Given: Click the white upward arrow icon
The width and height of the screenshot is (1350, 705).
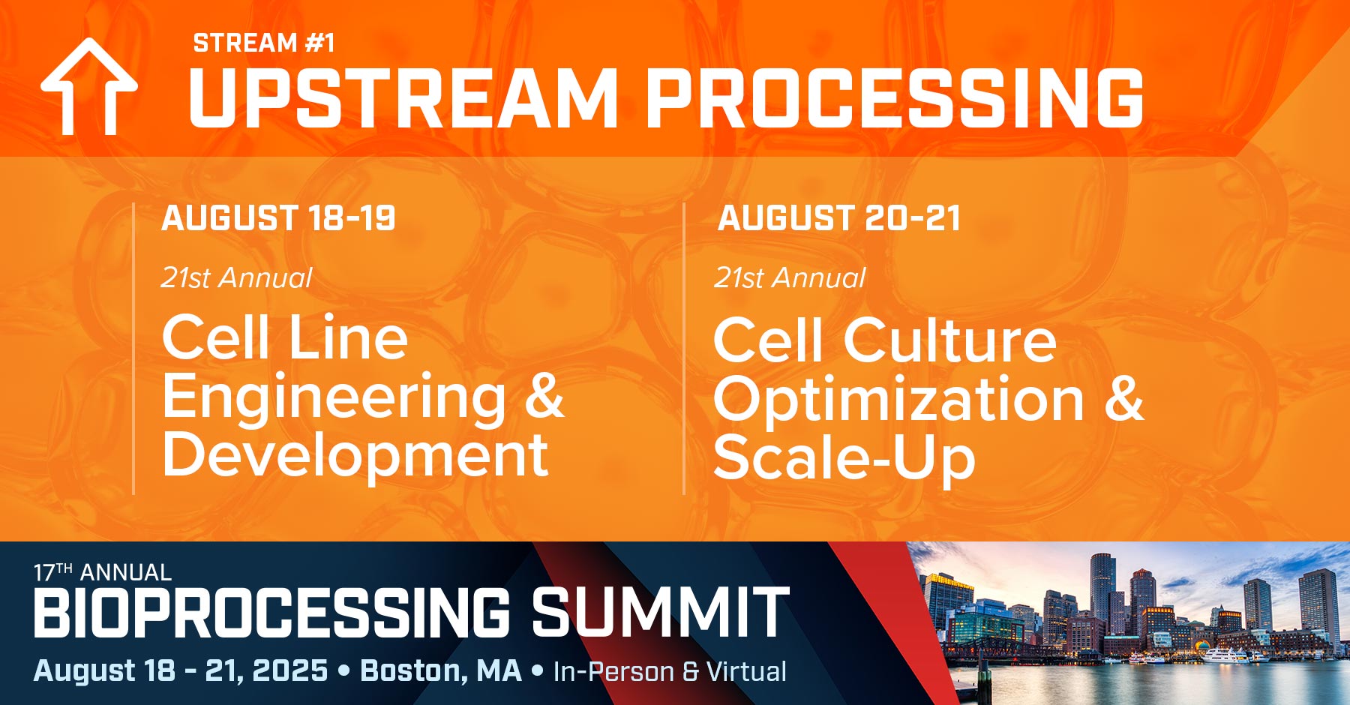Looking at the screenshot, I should (88, 86).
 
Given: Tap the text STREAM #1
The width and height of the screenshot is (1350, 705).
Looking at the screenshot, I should (263, 43).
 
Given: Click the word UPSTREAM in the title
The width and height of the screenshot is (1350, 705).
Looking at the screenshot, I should (403, 98).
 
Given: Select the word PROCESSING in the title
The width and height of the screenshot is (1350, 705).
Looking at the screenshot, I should (894, 98).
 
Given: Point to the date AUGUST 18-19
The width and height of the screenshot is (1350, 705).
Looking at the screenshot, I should (278, 218).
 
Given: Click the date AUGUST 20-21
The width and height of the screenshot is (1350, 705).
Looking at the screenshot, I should (838, 218).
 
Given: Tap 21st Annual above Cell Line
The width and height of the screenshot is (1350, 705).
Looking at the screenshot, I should (237, 278).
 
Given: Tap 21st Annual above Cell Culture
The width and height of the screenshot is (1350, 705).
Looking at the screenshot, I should (790, 278).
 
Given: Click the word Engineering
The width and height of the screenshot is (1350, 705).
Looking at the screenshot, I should (334, 397).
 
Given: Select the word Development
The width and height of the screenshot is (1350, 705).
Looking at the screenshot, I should (355, 455).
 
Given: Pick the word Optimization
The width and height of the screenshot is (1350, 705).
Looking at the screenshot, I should (898, 400).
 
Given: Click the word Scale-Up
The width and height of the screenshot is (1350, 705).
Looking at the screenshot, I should (844, 458).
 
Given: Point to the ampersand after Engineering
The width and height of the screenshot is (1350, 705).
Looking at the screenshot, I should (544, 396).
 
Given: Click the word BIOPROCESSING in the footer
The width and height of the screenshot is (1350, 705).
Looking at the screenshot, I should (271, 613).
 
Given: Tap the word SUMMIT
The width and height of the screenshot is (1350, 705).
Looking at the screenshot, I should (660, 613).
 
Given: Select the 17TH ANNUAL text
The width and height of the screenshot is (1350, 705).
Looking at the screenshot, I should (102, 573).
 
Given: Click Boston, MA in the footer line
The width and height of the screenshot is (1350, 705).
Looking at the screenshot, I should (441, 670).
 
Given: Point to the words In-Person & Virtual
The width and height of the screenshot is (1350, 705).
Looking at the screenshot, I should (670, 672).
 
